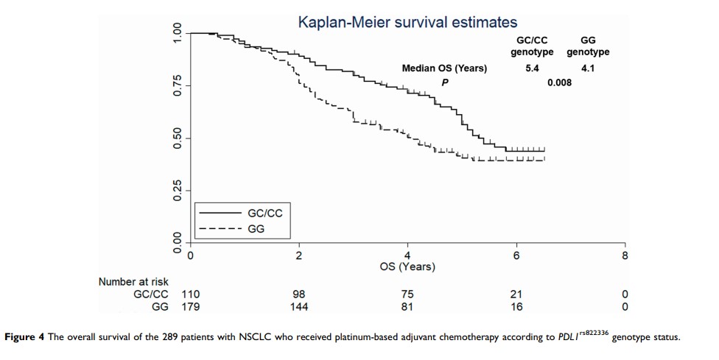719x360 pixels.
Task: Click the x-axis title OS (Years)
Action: pos(407,267)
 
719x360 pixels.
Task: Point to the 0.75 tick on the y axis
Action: pos(177,85)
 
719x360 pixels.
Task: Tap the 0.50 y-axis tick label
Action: pos(177,138)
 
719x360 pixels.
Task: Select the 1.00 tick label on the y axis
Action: pos(177,33)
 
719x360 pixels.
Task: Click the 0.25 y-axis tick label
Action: pos(177,191)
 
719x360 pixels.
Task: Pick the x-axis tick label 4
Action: pos(407,255)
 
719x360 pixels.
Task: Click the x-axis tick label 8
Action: pos(625,255)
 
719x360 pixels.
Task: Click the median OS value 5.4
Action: pos(533,68)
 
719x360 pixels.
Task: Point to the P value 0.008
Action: pos(559,82)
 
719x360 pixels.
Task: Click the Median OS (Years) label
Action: pos(444,68)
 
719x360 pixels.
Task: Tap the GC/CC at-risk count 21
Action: pos(516,294)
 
